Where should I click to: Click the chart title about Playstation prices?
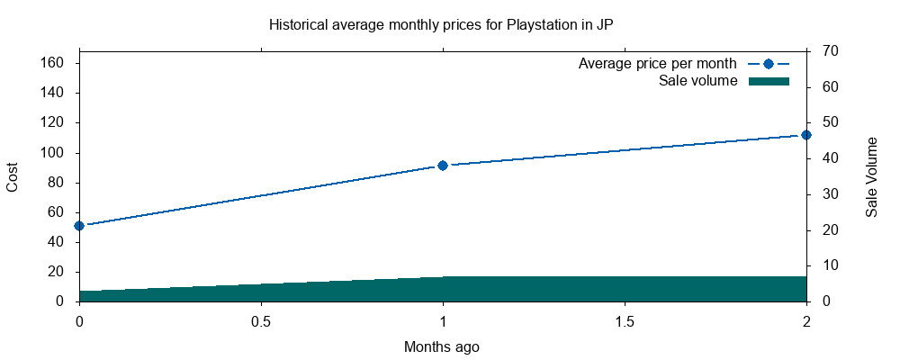pyautogui.click(x=441, y=24)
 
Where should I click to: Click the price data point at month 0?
pyautogui.click(x=79, y=226)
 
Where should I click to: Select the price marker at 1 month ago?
pyautogui.click(x=443, y=166)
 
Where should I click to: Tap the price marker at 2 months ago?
pyautogui.click(x=806, y=135)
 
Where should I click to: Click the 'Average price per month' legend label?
pyautogui.click(x=658, y=64)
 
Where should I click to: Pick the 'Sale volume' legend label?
pyautogui.click(x=698, y=81)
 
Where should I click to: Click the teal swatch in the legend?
pyautogui.click(x=768, y=81)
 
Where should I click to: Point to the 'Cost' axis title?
pyautogui.click(x=13, y=176)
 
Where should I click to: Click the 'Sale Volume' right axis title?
pyautogui.click(x=872, y=176)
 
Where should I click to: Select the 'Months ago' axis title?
pyautogui.click(x=441, y=346)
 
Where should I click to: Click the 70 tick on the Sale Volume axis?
pyautogui.click(x=831, y=51)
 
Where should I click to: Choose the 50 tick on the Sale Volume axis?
pyautogui.click(x=831, y=122)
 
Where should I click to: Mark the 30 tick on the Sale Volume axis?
pyautogui.click(x=831, y=194)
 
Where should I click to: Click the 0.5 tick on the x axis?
pyautogui.click(x=261, y=321)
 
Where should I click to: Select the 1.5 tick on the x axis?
pyautogui.click(x=625, y=321)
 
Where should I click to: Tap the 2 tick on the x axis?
pyautogui.click(x=806, y=321)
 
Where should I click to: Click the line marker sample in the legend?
pyautogui.click(x=768, y=64)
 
